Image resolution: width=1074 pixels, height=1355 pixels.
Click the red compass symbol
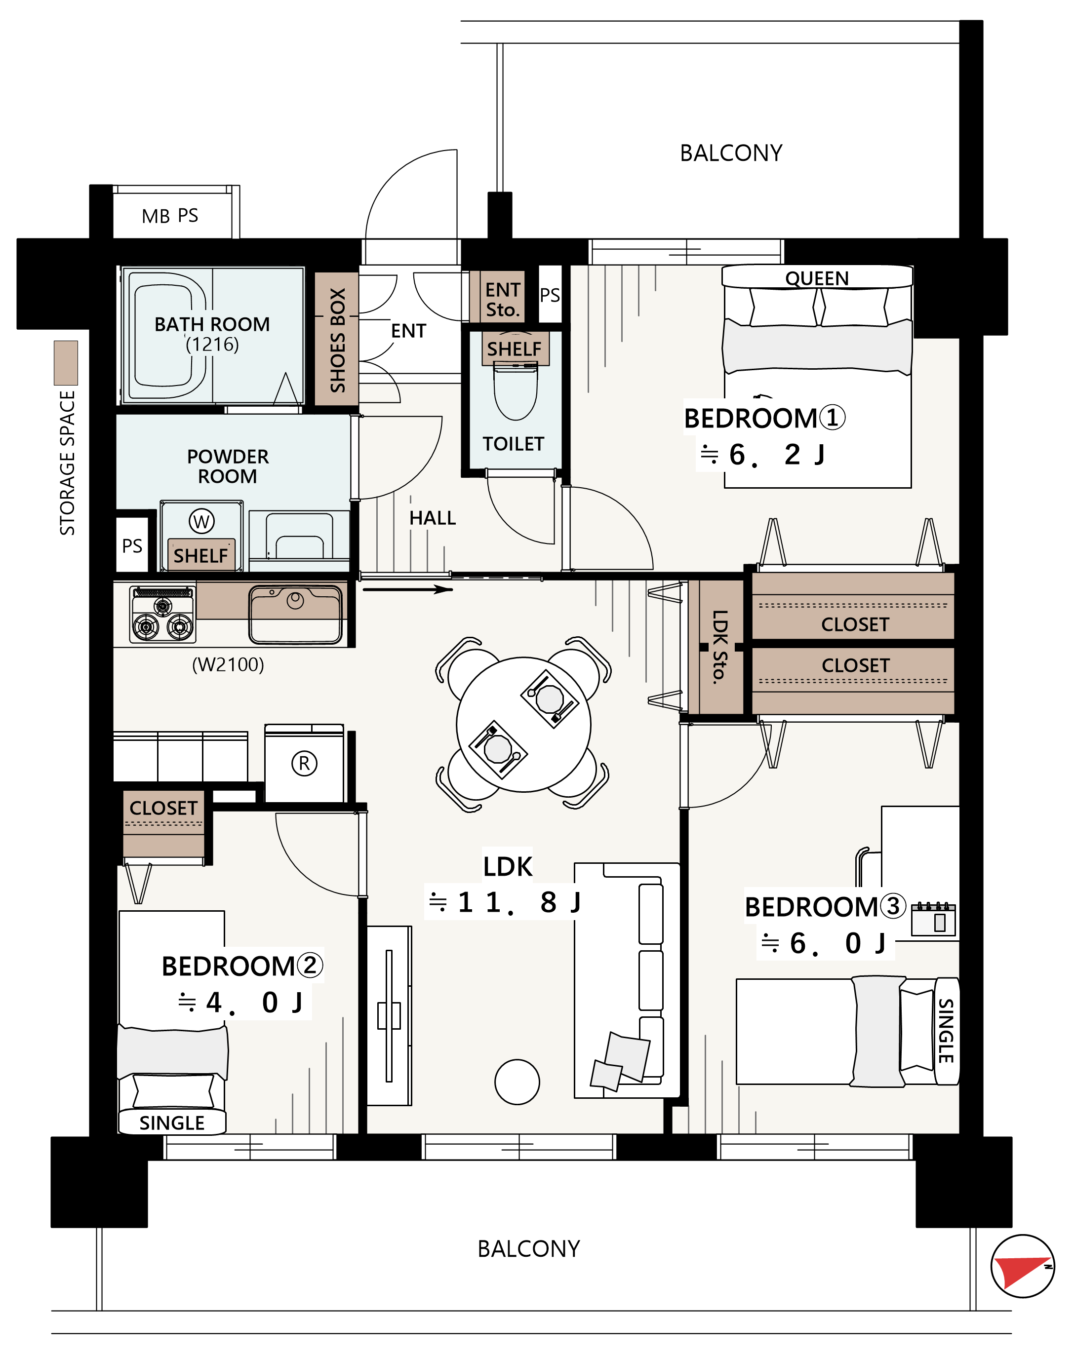click(x=1023, y=1266)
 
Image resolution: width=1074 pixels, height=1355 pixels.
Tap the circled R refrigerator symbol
click(x=304, y=764)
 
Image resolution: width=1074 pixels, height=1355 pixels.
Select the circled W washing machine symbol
click(x=202, y=521)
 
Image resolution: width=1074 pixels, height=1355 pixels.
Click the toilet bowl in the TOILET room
click(x=516, y=393)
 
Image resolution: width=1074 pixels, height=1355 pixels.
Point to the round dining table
click(x=524, y=725)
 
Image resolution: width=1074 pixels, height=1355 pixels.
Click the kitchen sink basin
click(x=296, y=614)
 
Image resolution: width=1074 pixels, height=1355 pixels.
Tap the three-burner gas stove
click(x=163, y=614)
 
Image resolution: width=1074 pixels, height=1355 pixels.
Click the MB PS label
click(x=170, y=216)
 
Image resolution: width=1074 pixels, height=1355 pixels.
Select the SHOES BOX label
click(x=338, y=340)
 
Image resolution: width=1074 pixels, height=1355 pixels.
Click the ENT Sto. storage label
click(x=503, y=300)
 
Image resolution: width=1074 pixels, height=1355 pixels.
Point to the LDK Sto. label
click(x=720, y=647)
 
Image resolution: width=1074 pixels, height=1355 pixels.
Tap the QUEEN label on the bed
click(x=817, y=278)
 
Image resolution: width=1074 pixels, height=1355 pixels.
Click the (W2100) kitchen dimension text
click(x=228, y=664)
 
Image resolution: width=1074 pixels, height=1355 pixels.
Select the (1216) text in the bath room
click(x=212, y=345)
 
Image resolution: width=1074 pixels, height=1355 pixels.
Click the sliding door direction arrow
click(x=407, y=589)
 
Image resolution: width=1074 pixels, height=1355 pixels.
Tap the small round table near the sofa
click(x=517, y=1082)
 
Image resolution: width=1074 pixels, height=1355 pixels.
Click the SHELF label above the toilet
click(x=515, y=349)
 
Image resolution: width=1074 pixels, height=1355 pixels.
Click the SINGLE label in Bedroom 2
click(x=172, y=1123)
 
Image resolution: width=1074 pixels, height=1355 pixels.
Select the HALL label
click(x=433, y=518)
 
